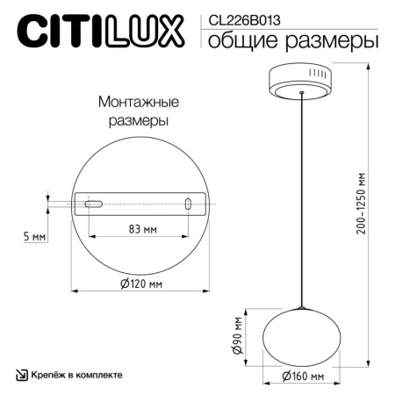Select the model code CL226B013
coord(238,15)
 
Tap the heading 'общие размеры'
coord(290,40)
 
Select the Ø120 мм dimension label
coord(143,284)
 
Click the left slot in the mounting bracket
coord(91,205)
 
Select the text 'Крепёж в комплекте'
coord(76,375)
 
